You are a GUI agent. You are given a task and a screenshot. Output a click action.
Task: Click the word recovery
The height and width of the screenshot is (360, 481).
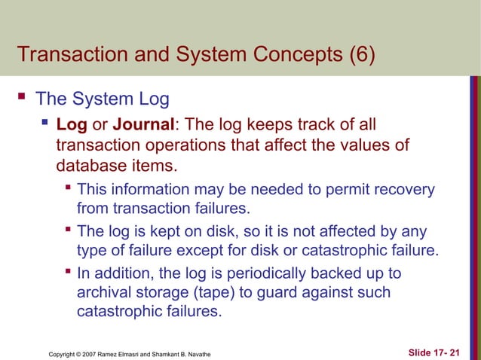point(406,189)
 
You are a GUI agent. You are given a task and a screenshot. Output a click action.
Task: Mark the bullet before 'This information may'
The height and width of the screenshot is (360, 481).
point(68,188)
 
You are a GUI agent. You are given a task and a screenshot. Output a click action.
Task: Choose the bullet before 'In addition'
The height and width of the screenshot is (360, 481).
point(68,271)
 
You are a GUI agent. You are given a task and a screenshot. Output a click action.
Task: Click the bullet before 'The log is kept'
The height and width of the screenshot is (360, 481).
point(68,230)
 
